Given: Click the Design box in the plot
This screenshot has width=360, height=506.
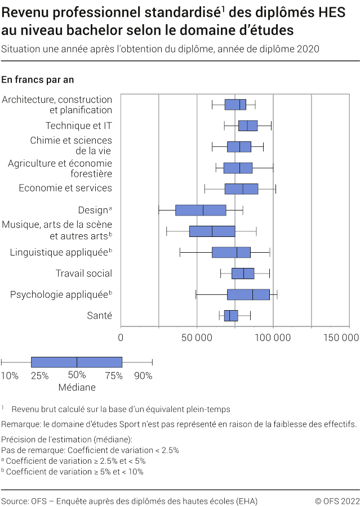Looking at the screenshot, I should pyautogui.click(x=201, y=211).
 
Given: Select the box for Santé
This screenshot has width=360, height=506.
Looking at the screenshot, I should pyautogui.click(x=231, y=315).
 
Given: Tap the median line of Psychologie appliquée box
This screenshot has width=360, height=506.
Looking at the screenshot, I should pyautogui.click(x=252, y=294).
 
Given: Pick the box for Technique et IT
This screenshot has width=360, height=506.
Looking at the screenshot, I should pyautogui.click(x=248, y=126).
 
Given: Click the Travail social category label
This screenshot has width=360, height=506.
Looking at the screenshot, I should pyautogui.click(x=84, y=274).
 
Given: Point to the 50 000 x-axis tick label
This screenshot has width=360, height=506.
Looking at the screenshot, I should pyautogui.click(x=197, y=338).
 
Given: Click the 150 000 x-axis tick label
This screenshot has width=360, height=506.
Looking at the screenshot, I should pyautogui.click(x=341, y=338).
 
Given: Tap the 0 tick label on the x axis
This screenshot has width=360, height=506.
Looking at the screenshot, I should pyautogui.click(x=121, y=338).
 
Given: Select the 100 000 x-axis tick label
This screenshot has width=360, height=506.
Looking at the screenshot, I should pyautogui.click(x=273, y=338).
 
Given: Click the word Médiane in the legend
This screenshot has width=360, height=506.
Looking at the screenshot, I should pyautogui.click(x=77, y=387).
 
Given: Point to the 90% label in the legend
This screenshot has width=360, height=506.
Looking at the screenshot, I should pyautogui.click(x=143, y=375).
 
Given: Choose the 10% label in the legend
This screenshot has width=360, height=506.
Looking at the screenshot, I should pyautogui.click(x=10, y=375).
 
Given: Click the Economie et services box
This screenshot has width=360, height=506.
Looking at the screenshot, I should pyautogui.click(x=241, y=189).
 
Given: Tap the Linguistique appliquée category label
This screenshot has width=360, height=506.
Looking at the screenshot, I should pyautogui.click(x=59, y=253).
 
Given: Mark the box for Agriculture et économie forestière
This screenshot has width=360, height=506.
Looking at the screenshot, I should pyautogui.click(x=238, y=168).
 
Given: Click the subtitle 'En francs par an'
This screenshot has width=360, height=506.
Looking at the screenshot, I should pyautogui.click(x=38, y=80).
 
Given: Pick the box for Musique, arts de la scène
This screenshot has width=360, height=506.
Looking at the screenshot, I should pyautogui.click(x=212, y=231).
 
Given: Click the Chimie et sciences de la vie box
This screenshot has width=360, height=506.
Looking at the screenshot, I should pyautogui.click(x=239, y=147).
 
